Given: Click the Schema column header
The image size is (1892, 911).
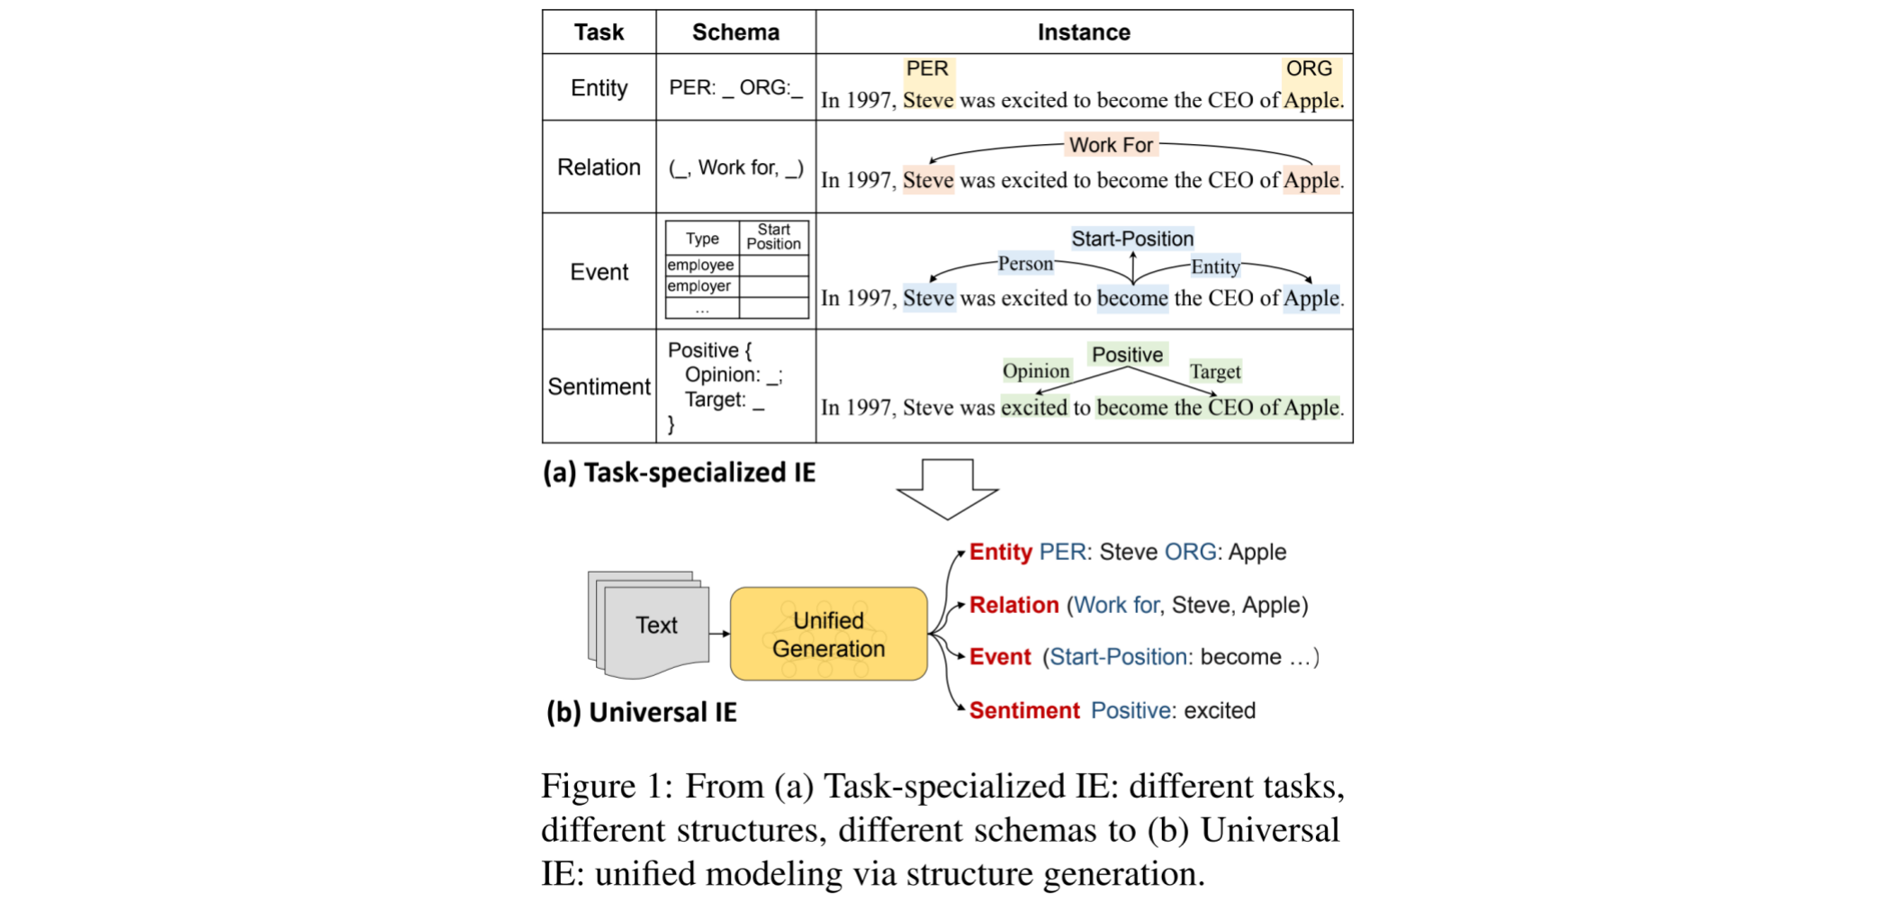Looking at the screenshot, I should pos(735,32).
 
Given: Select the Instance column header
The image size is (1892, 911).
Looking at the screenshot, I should pos(1083,32).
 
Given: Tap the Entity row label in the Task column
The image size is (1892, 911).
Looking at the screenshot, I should pos(599,88).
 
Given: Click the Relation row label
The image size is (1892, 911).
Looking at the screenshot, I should pos(599,167).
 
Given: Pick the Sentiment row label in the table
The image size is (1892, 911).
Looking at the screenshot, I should pos(599,387).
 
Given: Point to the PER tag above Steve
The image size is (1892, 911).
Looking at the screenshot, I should pos(927,69).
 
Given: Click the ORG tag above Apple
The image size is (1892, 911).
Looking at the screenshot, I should pos(1308,69).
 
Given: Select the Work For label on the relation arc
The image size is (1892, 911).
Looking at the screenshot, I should pos(1111,145).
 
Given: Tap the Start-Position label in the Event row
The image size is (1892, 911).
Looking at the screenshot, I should pos(1132,239).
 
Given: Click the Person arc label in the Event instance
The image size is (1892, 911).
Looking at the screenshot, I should pos(1025,264).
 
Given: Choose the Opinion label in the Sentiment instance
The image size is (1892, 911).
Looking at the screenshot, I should pos(1036,371).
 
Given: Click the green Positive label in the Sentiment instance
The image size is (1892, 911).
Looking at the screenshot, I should pos(1127,355).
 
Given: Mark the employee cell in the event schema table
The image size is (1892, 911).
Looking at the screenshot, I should pos(700,266).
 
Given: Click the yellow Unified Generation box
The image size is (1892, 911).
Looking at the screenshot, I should pos(828,634).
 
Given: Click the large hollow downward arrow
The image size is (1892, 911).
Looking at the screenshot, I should pos(947,487).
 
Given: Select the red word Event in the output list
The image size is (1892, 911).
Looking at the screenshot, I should pos(999,657).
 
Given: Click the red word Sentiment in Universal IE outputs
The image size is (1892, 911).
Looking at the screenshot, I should pos(1023,710).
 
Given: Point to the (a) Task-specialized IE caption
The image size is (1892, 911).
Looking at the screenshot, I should pos(679,473).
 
